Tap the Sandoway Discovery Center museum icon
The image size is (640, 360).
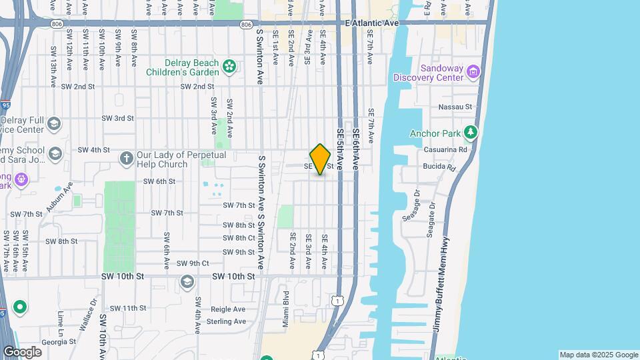coord(473,71)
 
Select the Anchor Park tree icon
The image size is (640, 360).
coord(471,133)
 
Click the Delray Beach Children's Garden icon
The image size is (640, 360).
coord(230,66)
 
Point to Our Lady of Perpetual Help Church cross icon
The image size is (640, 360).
coord(126,159)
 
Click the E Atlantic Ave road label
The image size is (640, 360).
coord(372,23)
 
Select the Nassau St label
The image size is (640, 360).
coord(455,107)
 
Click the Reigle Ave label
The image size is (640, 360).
coord(228,309)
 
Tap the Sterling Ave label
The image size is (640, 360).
coord(227,321)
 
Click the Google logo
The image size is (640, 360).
coord(23,351)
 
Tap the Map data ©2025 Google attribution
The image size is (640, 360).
coord(599,355)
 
